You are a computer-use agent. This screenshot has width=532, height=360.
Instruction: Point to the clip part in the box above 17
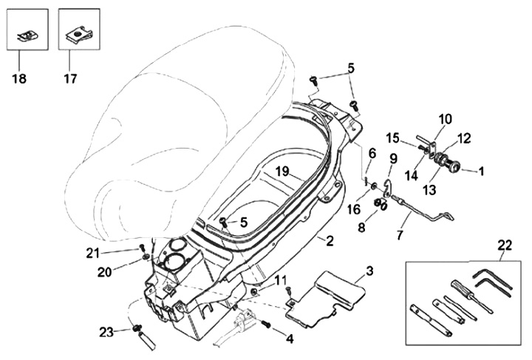click(x=78, y=33)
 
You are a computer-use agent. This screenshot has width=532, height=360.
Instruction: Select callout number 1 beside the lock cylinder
click(x=480, y=171)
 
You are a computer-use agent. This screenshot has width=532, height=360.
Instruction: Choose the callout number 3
click(x=369, y=271)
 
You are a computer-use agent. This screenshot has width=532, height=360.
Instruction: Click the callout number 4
click(x=290, y=339)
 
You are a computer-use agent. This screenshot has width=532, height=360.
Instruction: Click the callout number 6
click(x=372, y=153)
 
